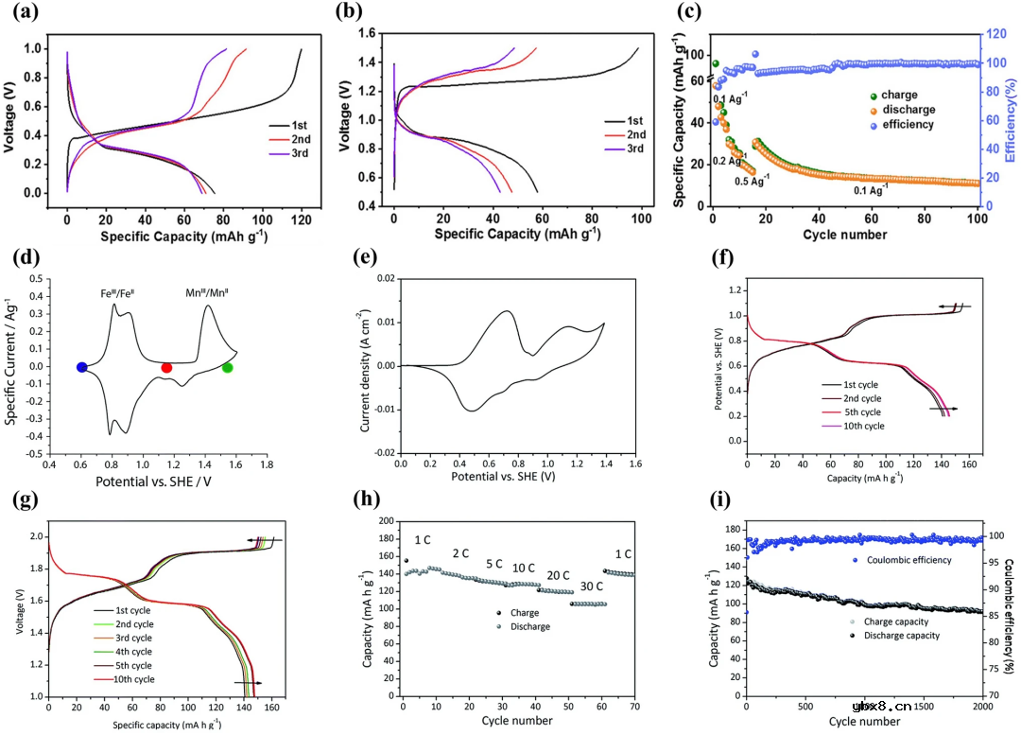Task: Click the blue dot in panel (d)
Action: (x=82, y=367)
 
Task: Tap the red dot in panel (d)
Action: (x=166, y=367)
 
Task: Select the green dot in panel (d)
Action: (x=227, y=367)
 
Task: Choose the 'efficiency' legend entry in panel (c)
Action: (x=908, y=125)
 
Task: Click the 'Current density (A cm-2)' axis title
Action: (x=366, y=366)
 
